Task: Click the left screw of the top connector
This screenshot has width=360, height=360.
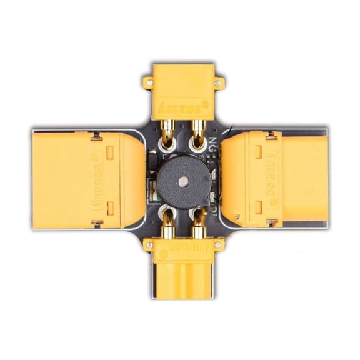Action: tap(149, 81)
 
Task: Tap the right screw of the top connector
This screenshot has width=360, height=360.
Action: tap(217, 82)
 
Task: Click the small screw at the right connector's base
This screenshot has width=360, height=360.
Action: tap(237, 217)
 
